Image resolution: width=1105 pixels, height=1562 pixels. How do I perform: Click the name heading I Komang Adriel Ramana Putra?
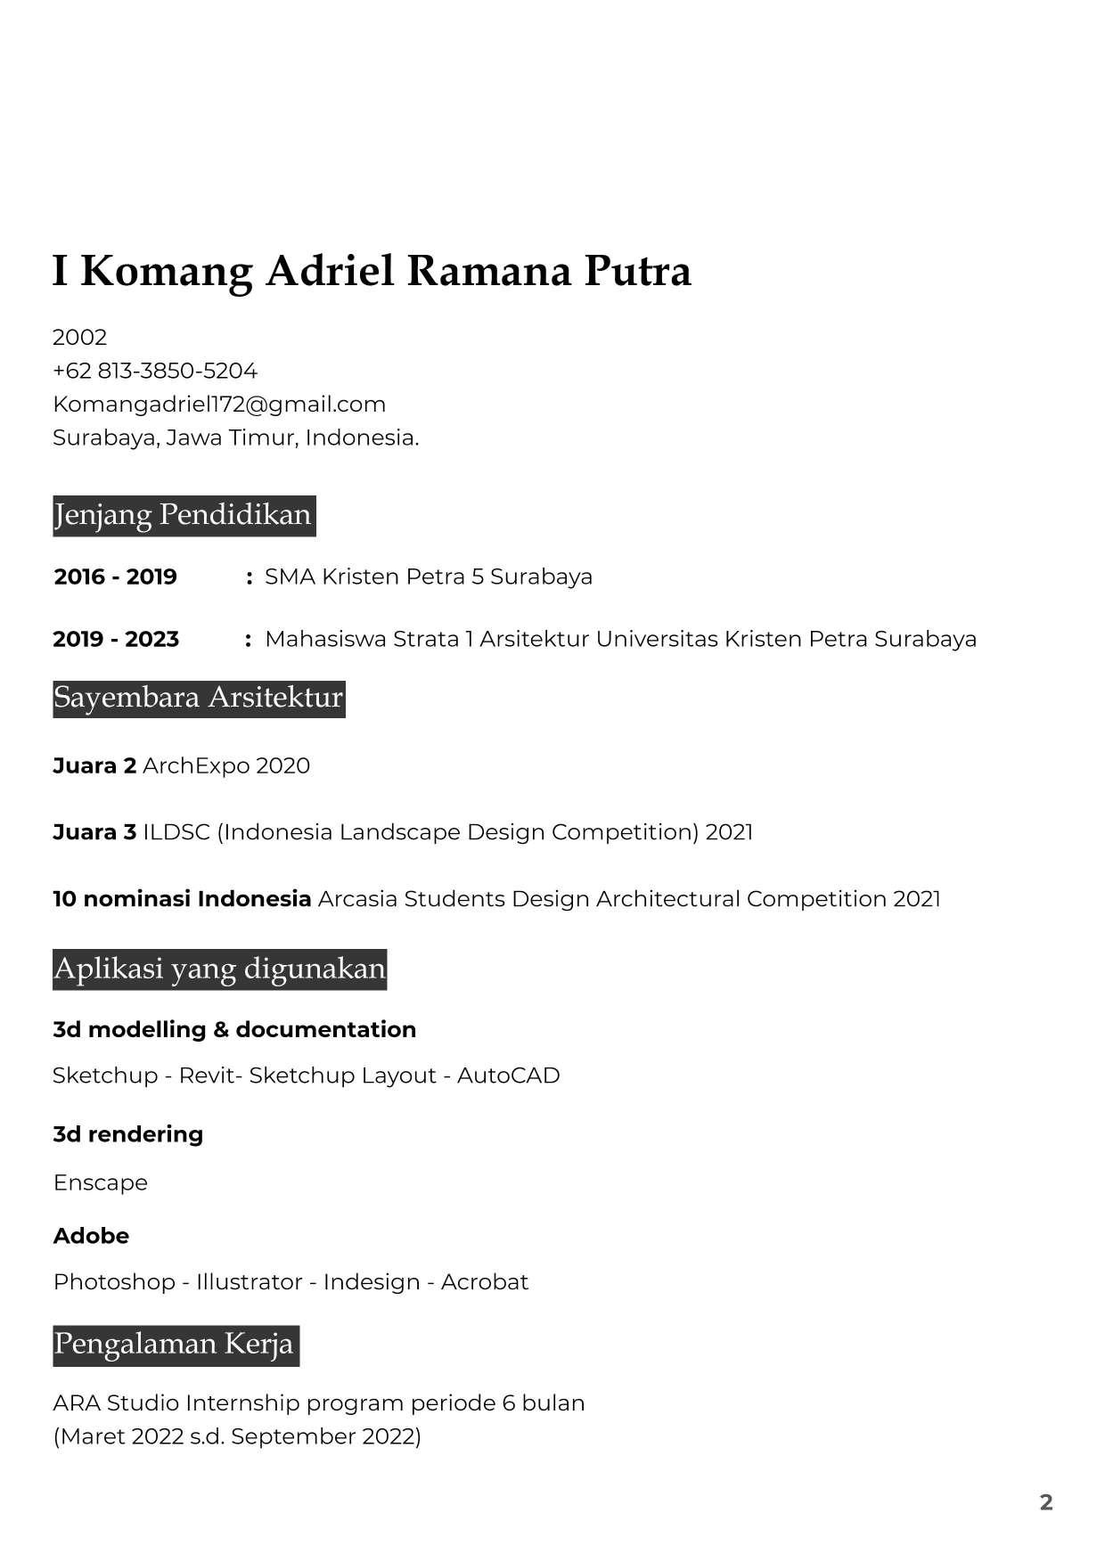pyautogui.click(x=372, y=271)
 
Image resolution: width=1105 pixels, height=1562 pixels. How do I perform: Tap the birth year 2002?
pyautogui.click(x=79, y=338)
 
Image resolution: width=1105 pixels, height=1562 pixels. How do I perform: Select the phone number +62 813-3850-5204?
pyautogui.click(x=155, y=371)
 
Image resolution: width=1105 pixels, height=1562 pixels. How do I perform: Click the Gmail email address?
pyautogui.click(x=219, y=405)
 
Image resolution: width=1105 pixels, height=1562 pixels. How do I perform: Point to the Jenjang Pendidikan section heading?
pyautogui.click(x=184, y=515)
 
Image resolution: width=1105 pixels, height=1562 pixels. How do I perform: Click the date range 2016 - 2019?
pyautogui.click(x=116, y=577)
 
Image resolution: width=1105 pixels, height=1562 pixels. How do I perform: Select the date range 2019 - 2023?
pyautogui.click(x=116, y=640)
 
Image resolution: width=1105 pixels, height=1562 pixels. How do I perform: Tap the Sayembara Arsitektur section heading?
pyautogui.click(x=199, y=698)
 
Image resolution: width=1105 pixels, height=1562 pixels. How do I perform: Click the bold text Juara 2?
pyautogui.click(x=94, y=766)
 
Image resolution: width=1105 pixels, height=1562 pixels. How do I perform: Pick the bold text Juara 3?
pyautogui.click(x=94, y=832)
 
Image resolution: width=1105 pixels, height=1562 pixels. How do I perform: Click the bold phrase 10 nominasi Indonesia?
pyautogui.click(x=182, y=899)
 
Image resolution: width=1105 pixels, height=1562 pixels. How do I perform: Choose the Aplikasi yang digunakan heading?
pyautogui.click(x=219, y=969)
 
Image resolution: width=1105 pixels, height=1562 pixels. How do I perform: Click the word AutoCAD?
pyautogui.click(x=508, y=1075)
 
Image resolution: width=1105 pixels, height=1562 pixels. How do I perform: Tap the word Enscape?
pyautogui.click(x=101, y=1183)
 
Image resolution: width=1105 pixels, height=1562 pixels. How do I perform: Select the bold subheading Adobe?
pyautogui.click(x=91, y=1236)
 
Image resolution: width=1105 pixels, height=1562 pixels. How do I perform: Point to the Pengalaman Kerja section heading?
pyautogui.click(x=175, y=1345)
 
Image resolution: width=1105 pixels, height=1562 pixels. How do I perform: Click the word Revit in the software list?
pyautogui.click(x=202, y=1075)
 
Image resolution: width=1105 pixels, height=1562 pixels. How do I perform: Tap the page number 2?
pyautogui.click(x=1046, y=1502)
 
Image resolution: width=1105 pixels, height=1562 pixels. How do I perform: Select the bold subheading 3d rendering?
pyautogui.click(x=128, y=1134)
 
